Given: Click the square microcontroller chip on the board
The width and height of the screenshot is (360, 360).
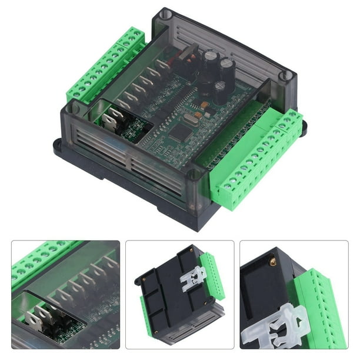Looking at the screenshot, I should click(x=179, y=134).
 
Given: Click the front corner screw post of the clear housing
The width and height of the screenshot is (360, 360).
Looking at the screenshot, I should click(x=195, y=175).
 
